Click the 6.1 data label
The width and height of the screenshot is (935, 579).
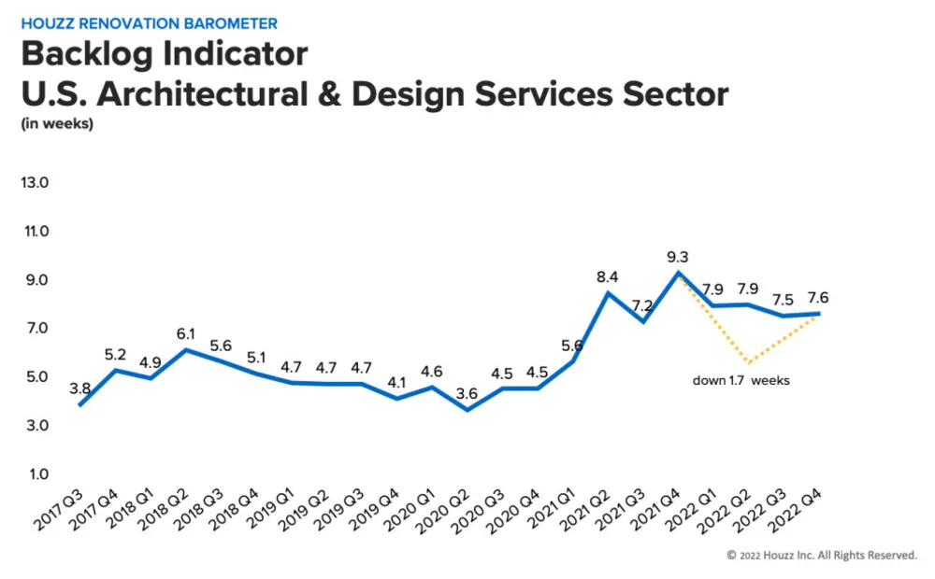coord(185,333)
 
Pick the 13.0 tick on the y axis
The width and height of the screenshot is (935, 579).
coord(35,182)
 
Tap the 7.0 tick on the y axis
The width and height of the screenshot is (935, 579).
coord(35,329)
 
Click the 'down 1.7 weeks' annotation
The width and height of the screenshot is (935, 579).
coord(741,380)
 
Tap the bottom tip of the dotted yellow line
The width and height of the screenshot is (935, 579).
coord(749,362)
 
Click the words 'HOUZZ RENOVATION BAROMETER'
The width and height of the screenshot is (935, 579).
coord(150,22)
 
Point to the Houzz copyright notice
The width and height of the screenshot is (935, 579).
coord(822,555)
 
